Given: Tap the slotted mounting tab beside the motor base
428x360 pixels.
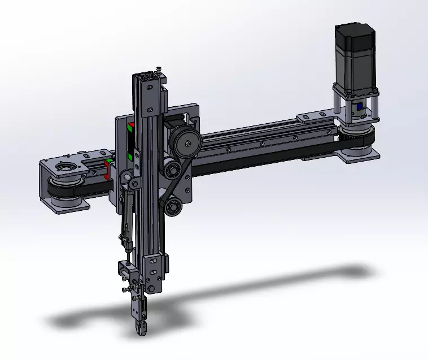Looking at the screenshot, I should [x=311, y=118].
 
